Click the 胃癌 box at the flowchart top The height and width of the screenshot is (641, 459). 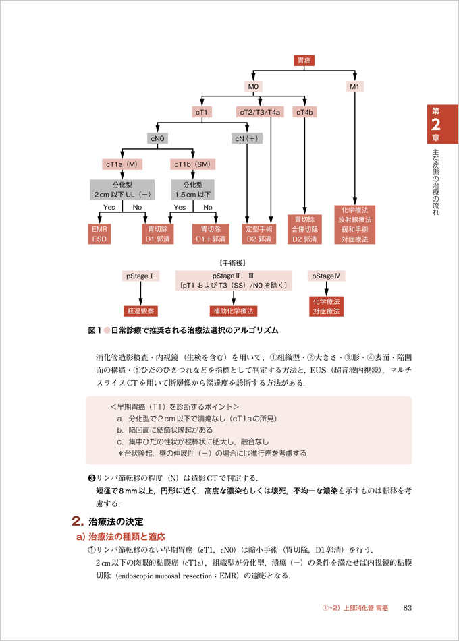305,61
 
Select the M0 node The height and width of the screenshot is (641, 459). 254,87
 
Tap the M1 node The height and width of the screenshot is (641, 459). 355,87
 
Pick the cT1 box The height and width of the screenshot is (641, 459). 202,113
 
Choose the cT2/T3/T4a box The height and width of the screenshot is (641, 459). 260,113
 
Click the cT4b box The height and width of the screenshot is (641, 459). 306,113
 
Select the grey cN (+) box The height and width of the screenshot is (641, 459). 247,138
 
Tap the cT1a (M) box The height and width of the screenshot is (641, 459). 122,164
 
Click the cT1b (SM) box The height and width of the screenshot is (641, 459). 192,164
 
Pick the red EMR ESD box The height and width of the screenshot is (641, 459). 99,234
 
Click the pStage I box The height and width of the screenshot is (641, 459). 140,276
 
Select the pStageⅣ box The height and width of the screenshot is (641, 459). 326,276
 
